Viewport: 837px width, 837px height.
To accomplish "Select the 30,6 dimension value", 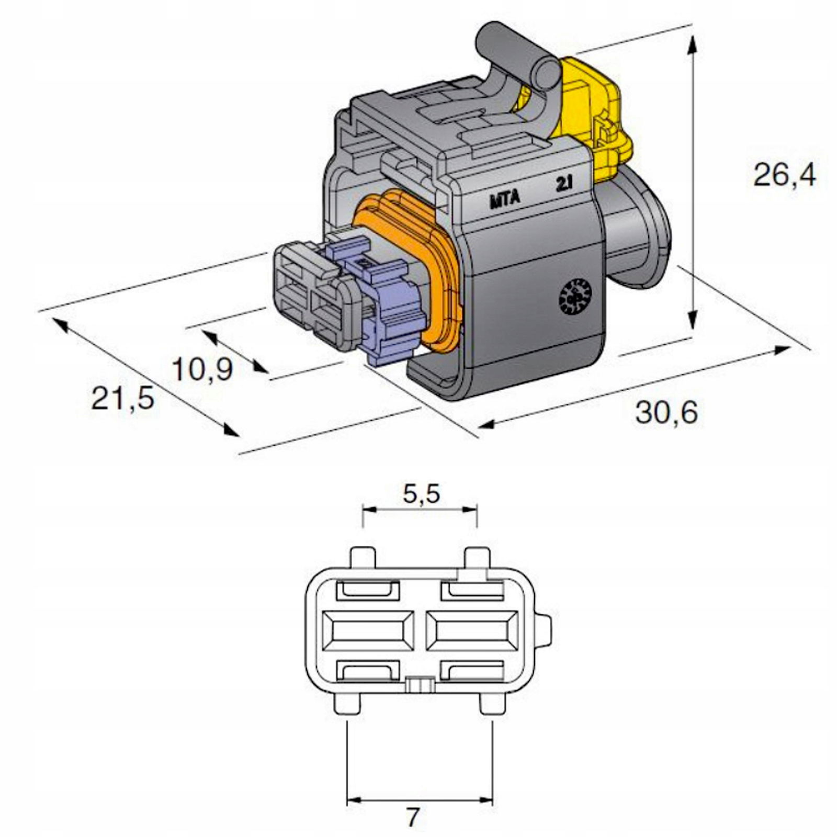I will pos(667,412).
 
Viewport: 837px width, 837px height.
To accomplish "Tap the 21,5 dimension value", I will pos(123,398).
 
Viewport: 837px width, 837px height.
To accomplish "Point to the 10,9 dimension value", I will pos(202,370).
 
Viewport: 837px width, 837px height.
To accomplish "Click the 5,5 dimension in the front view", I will pos(422,493).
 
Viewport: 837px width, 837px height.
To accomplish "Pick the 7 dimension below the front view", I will pos(413,817).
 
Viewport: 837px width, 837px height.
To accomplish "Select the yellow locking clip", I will pos(594,115).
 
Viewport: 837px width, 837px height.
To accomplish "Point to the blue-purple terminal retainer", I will pos(390,309).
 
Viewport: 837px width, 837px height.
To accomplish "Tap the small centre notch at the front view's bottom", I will pos(420,684).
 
